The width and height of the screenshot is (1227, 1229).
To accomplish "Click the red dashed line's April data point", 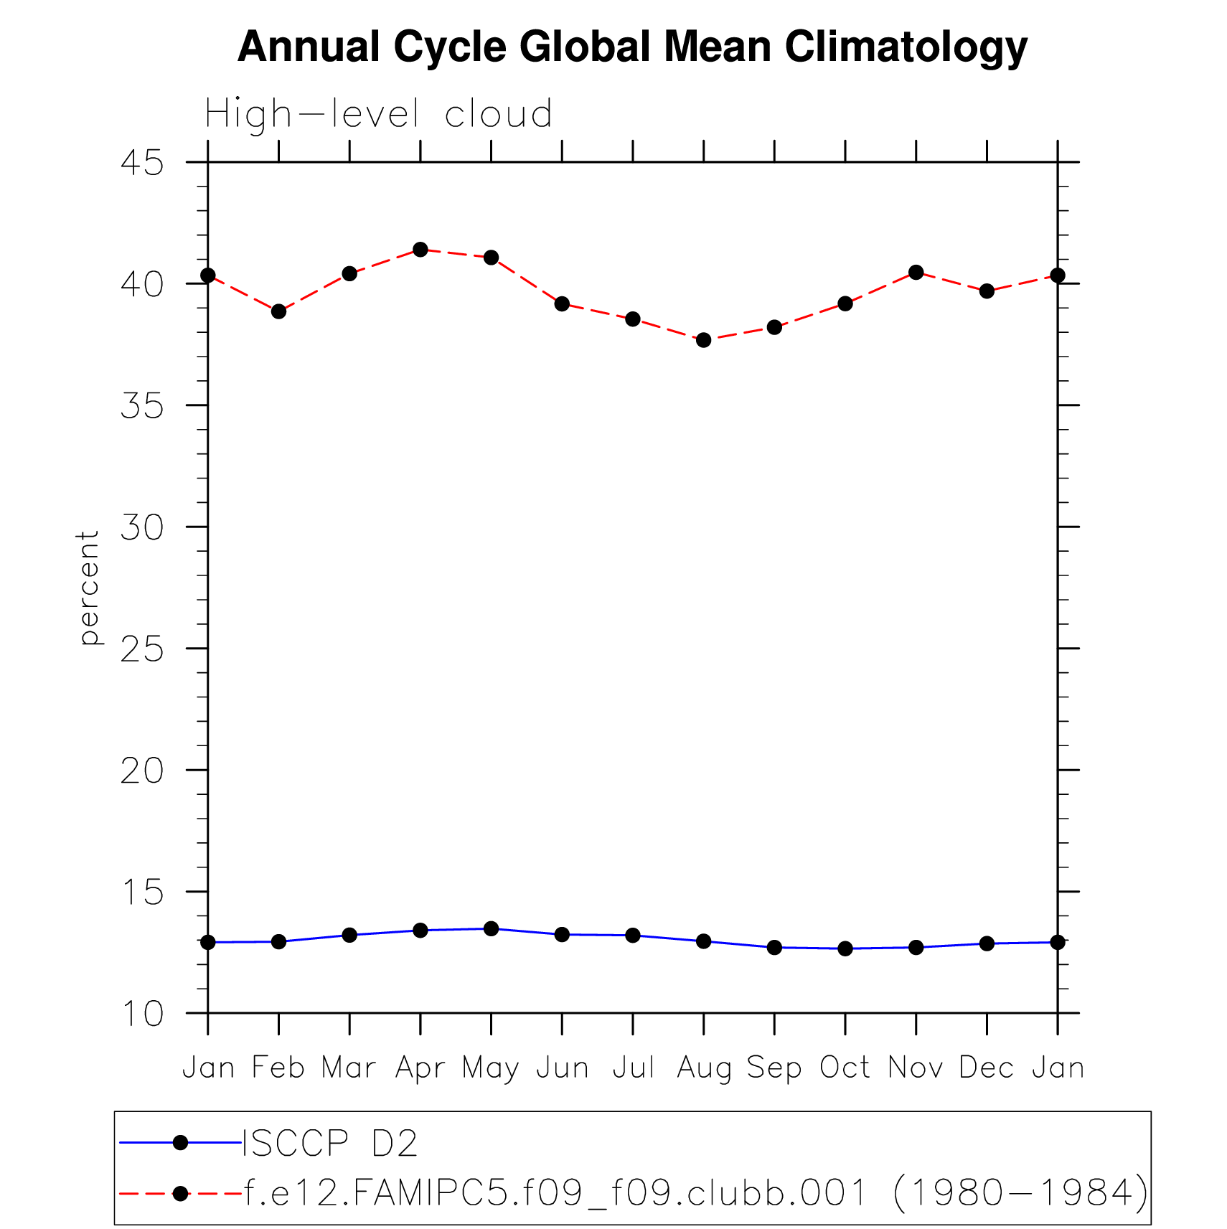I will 420,250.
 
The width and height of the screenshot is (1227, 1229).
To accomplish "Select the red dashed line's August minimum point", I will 704,340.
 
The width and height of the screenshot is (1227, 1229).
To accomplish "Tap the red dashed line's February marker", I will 278,311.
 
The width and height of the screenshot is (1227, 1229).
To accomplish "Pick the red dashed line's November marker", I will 916,272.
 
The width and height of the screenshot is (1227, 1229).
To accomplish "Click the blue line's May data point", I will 491,928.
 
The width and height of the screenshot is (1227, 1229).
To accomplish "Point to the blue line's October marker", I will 845,948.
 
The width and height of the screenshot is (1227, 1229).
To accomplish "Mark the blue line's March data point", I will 349,935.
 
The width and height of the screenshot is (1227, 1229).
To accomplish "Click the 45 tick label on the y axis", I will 142,163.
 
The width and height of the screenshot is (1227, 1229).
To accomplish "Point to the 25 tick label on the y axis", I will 142,649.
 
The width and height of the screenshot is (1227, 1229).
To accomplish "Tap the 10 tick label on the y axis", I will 142,1014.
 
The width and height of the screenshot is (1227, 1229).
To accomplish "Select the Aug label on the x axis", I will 703,1068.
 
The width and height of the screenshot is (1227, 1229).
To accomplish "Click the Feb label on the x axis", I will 278,1068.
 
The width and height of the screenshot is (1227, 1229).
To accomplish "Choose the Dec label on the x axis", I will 986,1068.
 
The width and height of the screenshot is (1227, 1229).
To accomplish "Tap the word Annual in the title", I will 309,47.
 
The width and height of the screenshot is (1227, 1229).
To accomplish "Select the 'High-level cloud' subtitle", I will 378,114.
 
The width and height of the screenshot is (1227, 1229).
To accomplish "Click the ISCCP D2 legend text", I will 330,1143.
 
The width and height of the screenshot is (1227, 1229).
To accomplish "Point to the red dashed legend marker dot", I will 180,1194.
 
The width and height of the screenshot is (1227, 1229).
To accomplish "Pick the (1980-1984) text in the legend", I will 1021,1193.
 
